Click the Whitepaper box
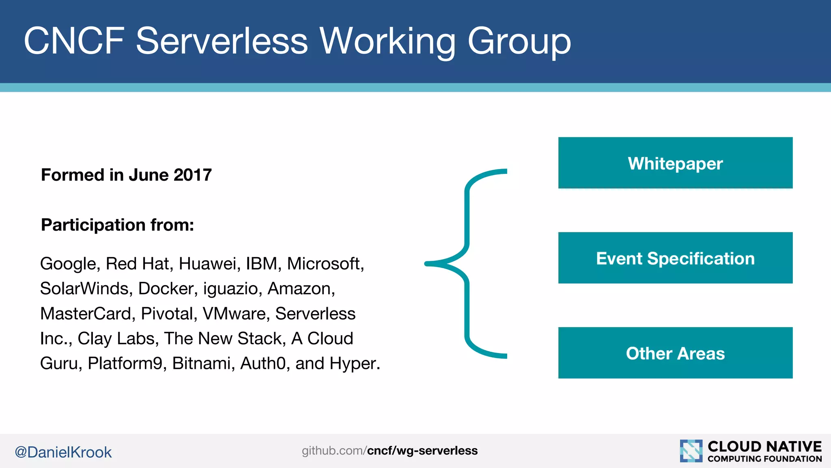pyautogui.click(x=675, y=163)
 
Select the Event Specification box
pyautogui.click(x=675, y=258)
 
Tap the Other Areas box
pyautogui.click(x=675, y=353)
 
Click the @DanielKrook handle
pyautogui.click(x=63, y=452)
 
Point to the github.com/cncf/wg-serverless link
pyautogui.click(x=390, y=451)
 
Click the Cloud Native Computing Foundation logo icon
pyautogui.click(x=691, y=451)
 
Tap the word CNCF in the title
pyautogui.click(x=74, y=41)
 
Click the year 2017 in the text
pyautogui.click(x=192, y=175)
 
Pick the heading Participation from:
pyautogui.click(x=117, y=225)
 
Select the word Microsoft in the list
pyautogui.click(x=325, y=264)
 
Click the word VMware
pyautogui.click(x=236, y=314)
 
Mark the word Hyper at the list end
pyautogui.click(x=353, y=364)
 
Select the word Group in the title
pyautogui.click(x=519, y=41)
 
